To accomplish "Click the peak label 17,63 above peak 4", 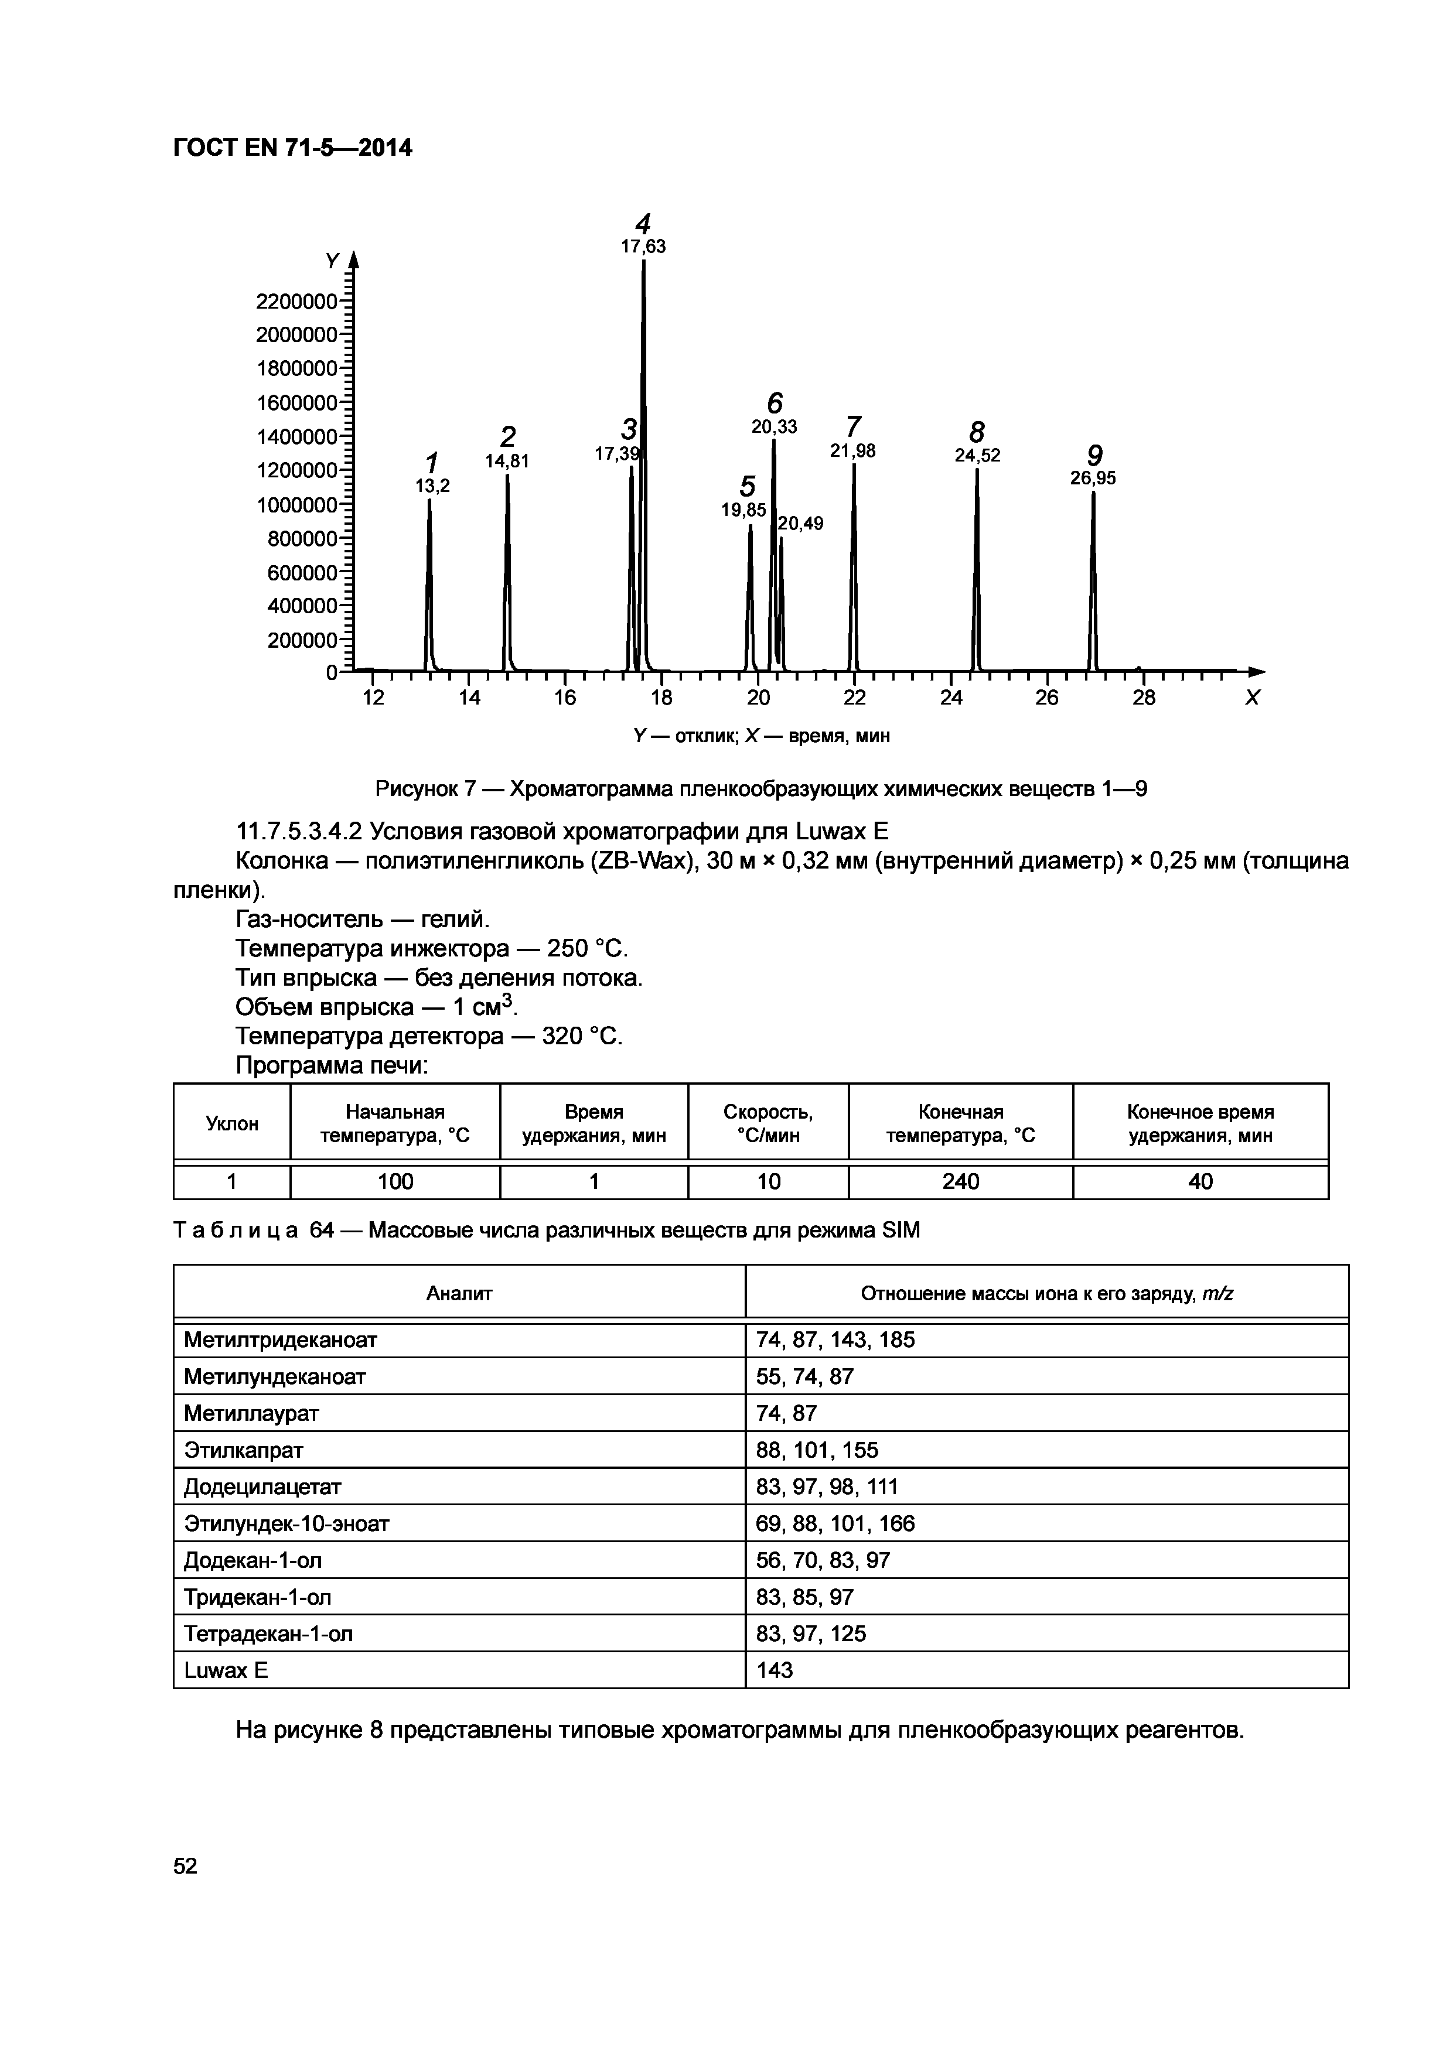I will tap(643, 247).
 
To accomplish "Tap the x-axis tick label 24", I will tap(950, 698).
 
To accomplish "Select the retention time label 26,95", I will tap(1093, 479).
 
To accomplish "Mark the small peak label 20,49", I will tap(801, 524).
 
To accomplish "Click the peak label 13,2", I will tap(432, 486).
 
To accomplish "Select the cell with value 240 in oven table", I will tap(960, 1182).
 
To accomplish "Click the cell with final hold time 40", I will tap(1200, 1182).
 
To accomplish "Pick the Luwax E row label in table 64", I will tap(226, 1670).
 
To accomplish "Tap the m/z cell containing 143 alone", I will tap(774, 1670).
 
